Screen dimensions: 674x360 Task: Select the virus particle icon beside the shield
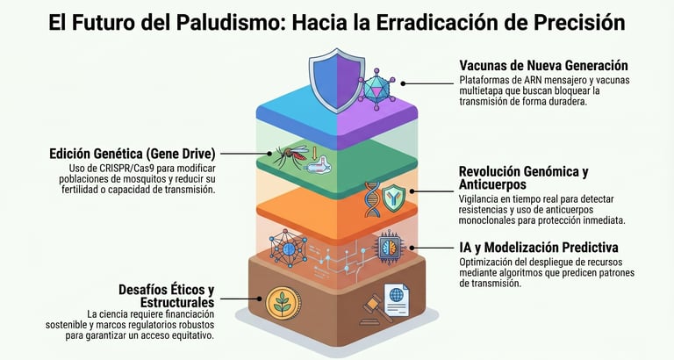pyautogui.click(x=379, y=86)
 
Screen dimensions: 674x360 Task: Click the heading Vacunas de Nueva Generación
pyautogui.click(x=544, y=66)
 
